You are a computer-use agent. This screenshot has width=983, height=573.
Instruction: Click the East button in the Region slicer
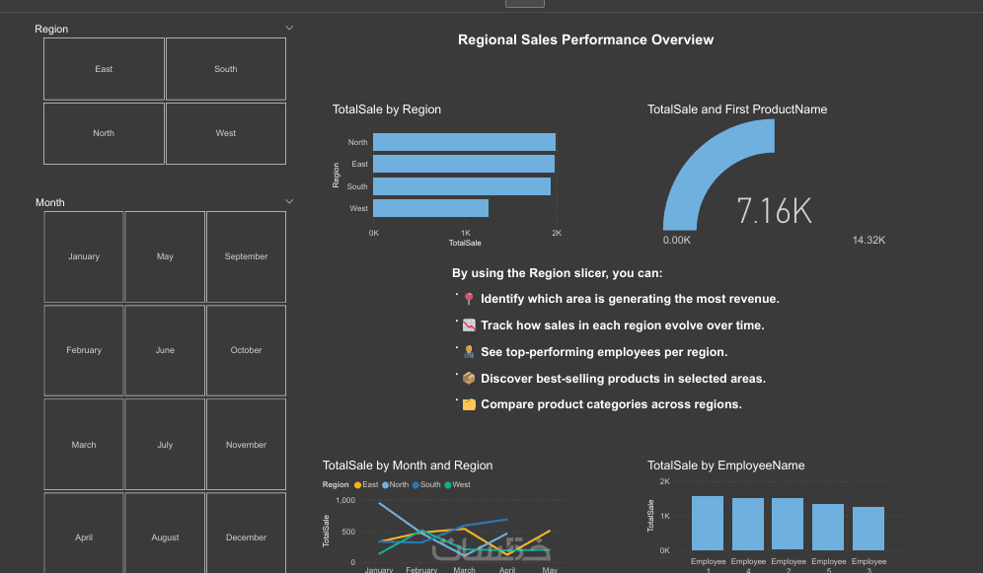click(104, 69)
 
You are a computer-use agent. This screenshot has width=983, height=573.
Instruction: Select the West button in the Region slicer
click(226, 133)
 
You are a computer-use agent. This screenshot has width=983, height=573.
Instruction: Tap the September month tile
click(246, 256)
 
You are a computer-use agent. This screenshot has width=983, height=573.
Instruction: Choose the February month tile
click(84, 350)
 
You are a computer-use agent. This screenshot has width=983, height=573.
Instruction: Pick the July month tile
click(165, 445)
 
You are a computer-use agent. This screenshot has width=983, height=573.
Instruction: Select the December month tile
click(246, 537)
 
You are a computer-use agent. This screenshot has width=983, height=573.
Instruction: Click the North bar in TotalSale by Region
click(464, 142)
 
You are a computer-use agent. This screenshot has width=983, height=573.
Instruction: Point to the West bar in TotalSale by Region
click(430, 208)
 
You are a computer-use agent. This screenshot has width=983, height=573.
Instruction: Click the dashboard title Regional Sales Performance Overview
click(585, 40)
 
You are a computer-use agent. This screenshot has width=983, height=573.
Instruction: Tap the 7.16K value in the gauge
click(774, 211)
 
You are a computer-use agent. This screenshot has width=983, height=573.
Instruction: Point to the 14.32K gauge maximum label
click(869, 240)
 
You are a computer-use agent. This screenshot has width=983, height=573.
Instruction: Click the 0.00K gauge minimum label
click(676, 240)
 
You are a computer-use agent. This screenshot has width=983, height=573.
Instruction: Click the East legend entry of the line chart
click(366, 484)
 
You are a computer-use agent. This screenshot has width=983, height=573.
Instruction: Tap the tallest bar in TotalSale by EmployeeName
click(708, 523)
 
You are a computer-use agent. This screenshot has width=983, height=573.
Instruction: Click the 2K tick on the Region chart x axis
click(557, 233)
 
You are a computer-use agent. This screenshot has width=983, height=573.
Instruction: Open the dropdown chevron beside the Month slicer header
click(289, 201)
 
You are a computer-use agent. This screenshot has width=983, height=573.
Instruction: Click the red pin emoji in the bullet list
click(469, 299)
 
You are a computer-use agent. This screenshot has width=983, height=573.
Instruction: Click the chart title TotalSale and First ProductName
click(737, 109)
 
